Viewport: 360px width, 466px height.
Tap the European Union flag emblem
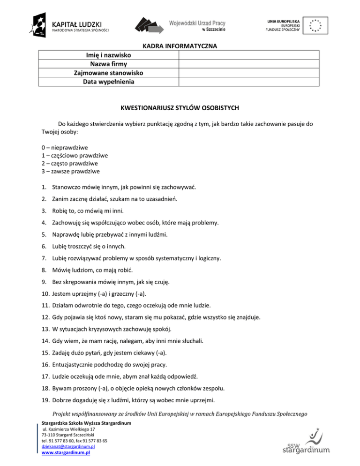(315, 24)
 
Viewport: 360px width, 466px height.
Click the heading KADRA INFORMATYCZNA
(180, 46)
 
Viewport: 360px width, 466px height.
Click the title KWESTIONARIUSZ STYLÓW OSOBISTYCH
(180, 108)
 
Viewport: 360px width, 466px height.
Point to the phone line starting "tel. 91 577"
(74, 441)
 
